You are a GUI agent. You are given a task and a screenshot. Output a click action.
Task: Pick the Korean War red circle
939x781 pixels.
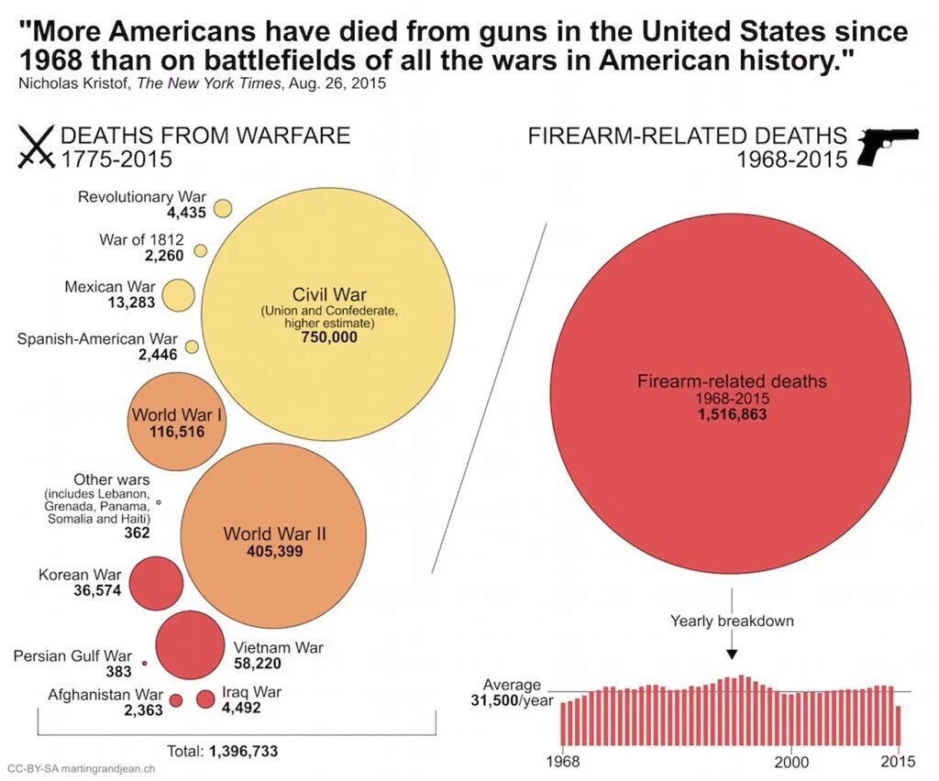(x=155, y=583)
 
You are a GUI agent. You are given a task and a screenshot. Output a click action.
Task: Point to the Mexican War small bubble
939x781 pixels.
(x=180, y=295)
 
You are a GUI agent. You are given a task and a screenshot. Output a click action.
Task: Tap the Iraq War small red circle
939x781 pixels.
(x=205, y=699)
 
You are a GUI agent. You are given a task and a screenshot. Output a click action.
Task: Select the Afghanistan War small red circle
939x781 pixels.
(x=176, y=700)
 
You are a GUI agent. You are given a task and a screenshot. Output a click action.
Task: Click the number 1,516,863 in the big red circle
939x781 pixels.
(x=732, y=414)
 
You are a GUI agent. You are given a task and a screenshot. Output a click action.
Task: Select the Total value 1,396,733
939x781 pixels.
(x=243, y=751)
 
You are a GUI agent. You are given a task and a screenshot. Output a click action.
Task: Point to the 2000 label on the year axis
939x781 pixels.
(x=791, y=762)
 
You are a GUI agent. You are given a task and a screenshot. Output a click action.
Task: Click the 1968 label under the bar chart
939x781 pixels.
(x=562, y=762)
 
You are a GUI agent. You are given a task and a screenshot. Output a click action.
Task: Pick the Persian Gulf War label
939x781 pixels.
(x=72, y=655)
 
